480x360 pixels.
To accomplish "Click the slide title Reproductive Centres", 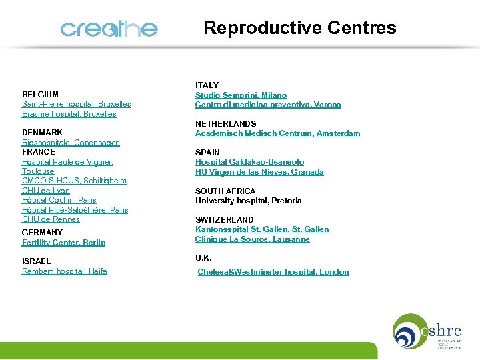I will (299, 28).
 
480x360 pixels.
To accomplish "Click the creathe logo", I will (109, 29).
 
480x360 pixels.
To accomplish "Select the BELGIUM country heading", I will (40, 95).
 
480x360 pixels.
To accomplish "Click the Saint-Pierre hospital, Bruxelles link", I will (76, 104).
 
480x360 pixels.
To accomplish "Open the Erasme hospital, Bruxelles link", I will (69, 114).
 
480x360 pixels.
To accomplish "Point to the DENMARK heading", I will (42, 133).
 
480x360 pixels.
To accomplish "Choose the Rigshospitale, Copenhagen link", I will (71, 143).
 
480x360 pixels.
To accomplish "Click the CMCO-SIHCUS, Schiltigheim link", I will (74, 181).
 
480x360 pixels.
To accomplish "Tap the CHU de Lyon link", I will (45, 191).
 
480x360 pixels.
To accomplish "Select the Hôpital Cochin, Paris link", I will (59, 200).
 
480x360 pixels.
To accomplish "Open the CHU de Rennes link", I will (51, 219).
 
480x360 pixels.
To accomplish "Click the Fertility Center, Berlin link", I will (63, 243).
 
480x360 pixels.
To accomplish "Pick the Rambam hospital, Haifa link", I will (64, 271).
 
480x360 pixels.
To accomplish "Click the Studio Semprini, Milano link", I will (241, 95).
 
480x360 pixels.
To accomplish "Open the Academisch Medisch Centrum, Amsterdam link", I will (277, 133).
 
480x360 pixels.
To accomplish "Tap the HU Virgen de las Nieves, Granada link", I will (259, 172).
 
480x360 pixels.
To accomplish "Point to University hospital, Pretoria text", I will (248, 201).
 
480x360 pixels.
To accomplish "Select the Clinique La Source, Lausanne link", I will (252, 239).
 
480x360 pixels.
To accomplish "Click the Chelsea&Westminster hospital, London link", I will (273, 272).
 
